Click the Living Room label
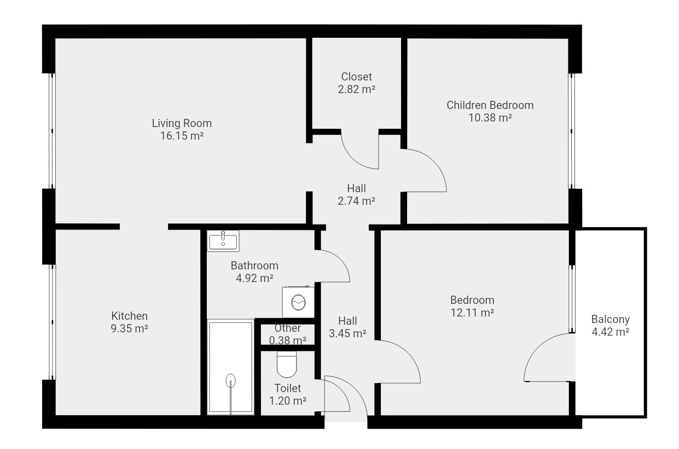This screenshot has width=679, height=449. pos(182,123)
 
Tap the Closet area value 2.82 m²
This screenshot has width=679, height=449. pos(357,89)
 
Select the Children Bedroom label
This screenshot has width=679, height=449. pos(490,105)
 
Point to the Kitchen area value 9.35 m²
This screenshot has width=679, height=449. pos(130,328)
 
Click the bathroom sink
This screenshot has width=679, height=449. pos(223,241)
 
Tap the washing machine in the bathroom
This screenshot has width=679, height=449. pos(298,302)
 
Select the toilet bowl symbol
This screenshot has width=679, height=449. pos(287,364)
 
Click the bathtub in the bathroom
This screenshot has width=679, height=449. pos(231,367)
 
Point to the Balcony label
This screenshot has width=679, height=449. pos(611,319)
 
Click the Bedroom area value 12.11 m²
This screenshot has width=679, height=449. pos(472,313)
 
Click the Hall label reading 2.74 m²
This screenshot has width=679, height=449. pos(357,194)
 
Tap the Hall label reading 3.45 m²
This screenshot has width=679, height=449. pos(347,327)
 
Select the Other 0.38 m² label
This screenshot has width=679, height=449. pos(288,334)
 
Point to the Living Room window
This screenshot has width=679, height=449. pos(52,131)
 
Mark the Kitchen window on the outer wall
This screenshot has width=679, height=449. pos(52,322)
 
